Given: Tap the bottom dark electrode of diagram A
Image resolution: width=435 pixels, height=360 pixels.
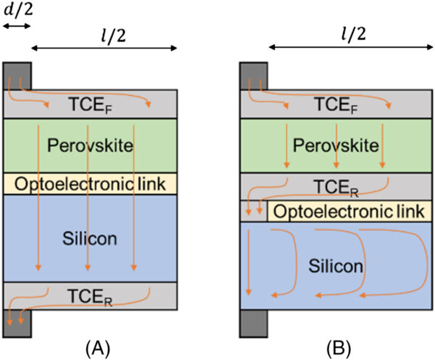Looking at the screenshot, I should click(17, 322).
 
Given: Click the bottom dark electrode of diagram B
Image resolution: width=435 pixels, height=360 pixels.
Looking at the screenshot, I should click(254, 322).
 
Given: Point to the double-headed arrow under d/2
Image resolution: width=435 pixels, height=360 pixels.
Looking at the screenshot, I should click(17, 26).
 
